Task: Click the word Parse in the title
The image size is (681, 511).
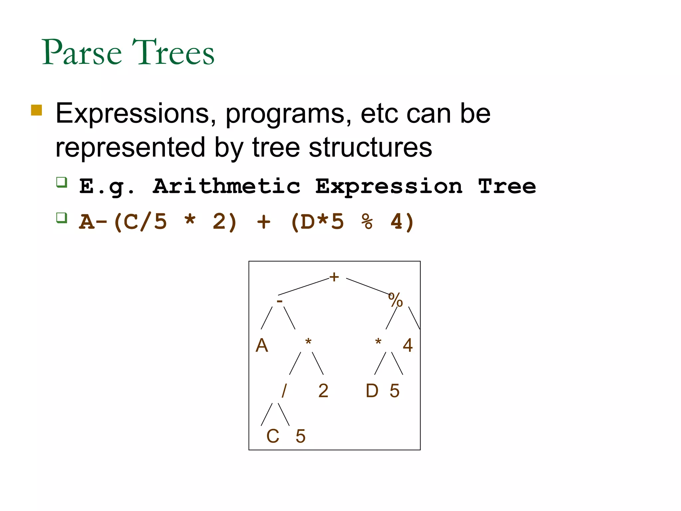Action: [82, 52]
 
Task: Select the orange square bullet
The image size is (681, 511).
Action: [37, 110]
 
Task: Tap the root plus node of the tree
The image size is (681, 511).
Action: [334, 277]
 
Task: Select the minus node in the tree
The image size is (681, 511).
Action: [280, 301]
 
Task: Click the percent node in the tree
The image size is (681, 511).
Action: [395, 300]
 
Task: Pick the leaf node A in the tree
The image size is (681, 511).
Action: [262, 345]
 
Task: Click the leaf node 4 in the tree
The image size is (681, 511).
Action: [408, 345]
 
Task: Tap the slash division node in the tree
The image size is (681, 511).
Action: [284, 391]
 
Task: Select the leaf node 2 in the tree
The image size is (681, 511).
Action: [323, 391]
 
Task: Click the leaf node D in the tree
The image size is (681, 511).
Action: [372, 391]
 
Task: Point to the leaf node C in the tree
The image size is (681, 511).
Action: [273, 436]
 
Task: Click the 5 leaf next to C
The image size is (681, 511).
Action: [300, 436]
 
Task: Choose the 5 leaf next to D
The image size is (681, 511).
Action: [394, 391]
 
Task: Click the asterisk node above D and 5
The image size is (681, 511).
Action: [378, 342]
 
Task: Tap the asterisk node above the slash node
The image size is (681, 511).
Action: [308, 342]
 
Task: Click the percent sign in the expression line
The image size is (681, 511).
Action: [367, 222]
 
